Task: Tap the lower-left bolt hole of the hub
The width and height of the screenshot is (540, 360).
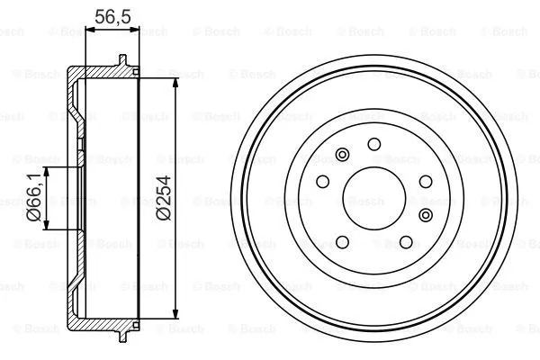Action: point(342,240)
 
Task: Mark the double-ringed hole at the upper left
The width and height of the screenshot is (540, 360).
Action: point(341,156)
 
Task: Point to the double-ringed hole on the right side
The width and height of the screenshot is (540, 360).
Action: point(426,214)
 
